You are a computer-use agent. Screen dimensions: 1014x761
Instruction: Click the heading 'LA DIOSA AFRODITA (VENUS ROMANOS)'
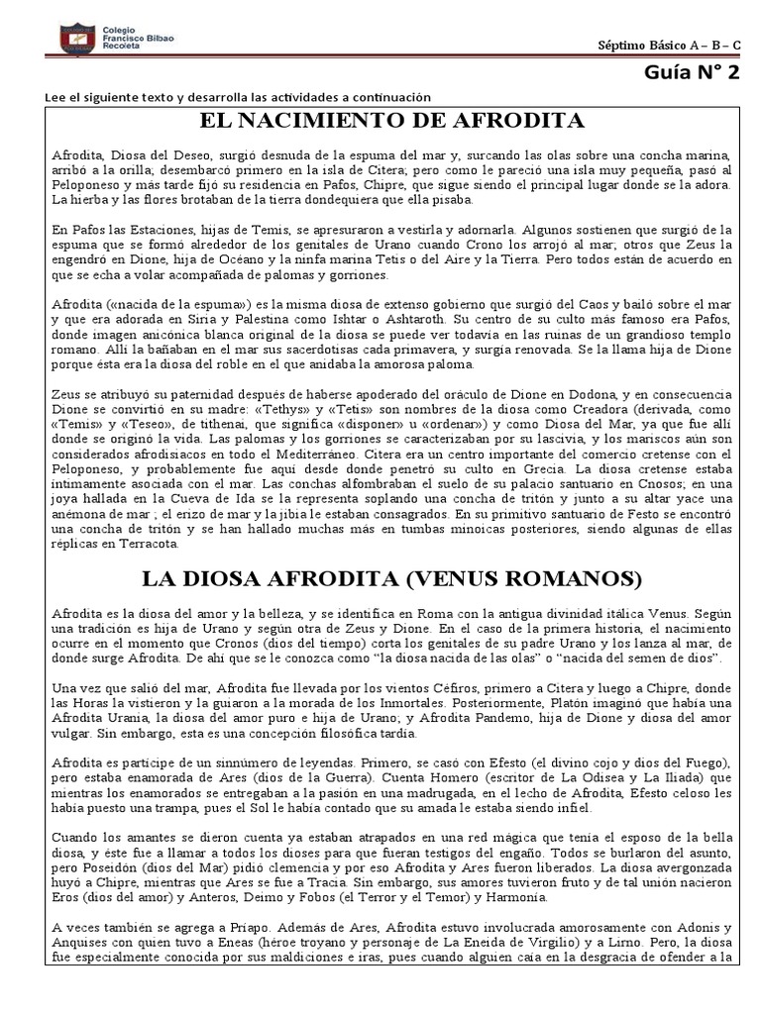point(391,576)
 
